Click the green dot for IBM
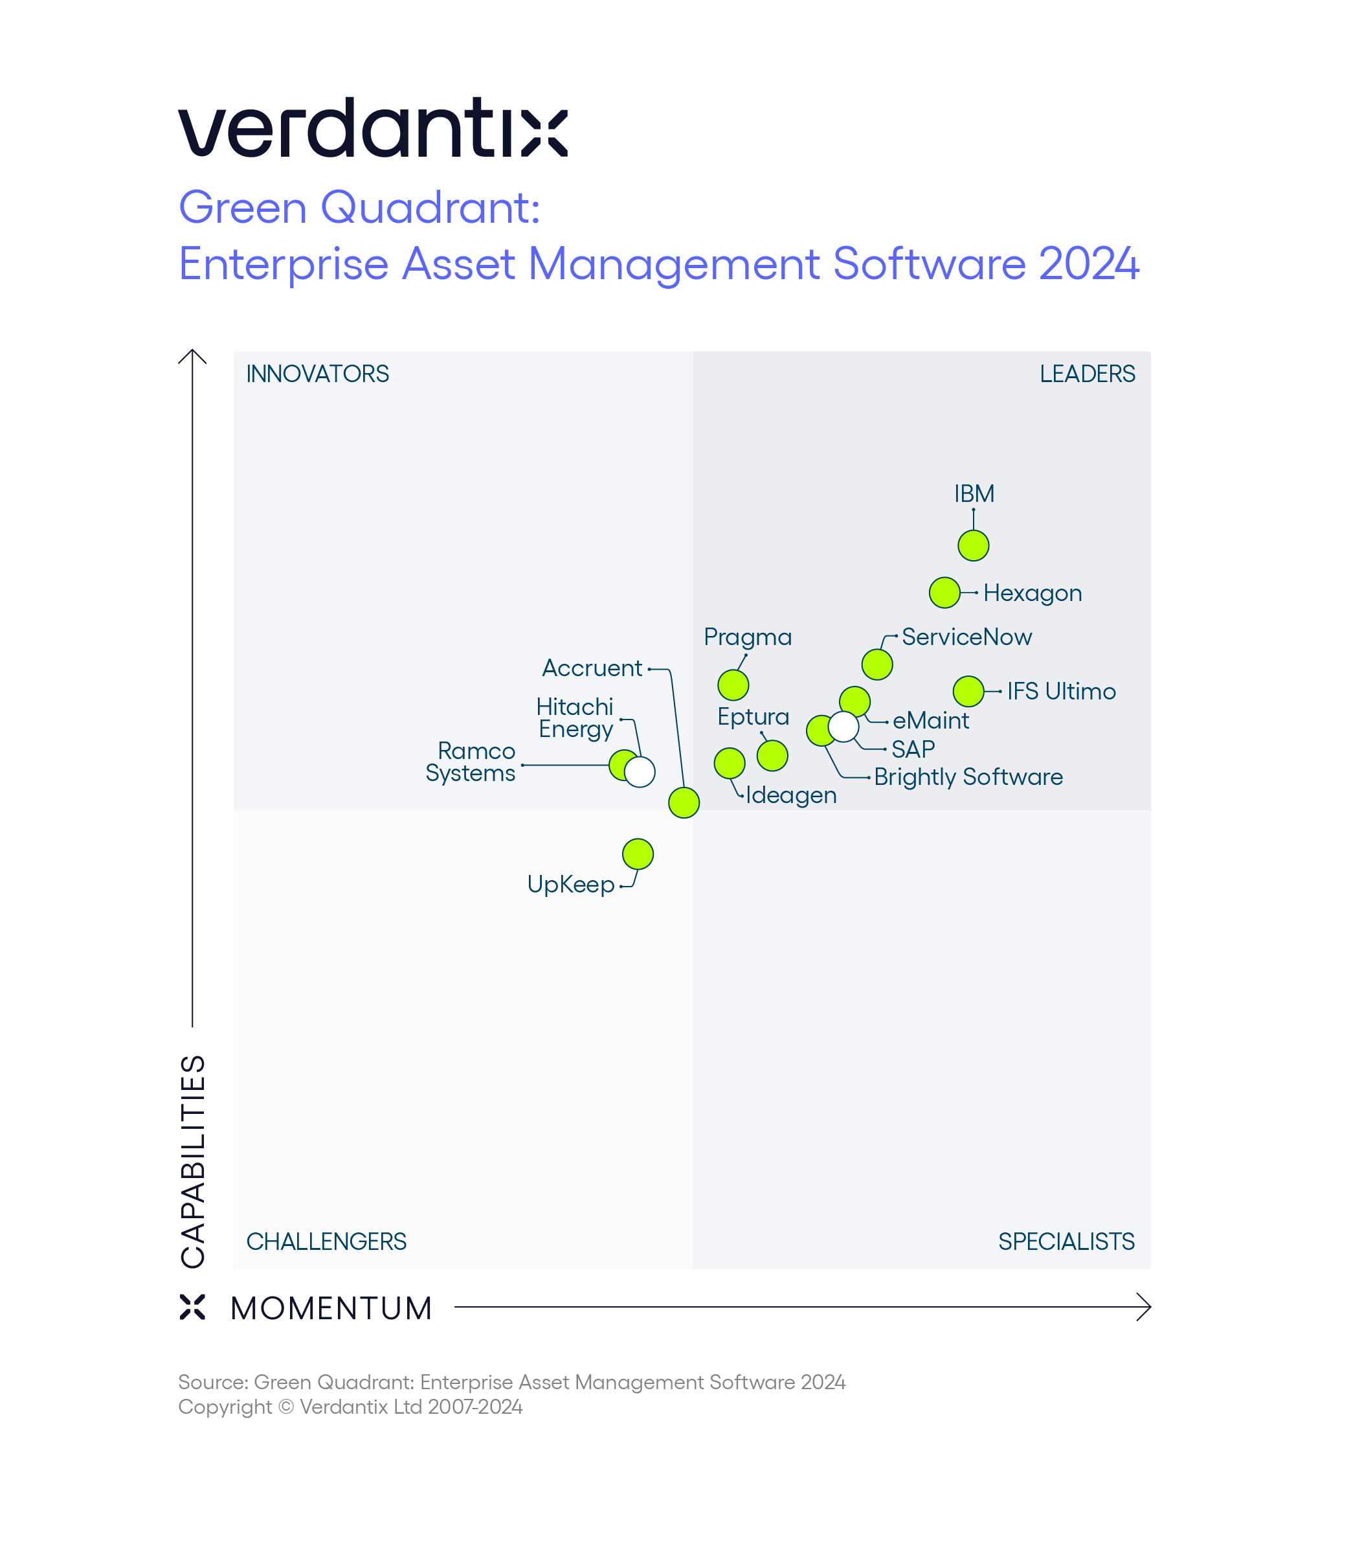(974, 545)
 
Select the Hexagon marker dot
(944, 593)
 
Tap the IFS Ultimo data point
(968, 691)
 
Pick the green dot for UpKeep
(638, 854)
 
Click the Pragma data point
(733, 685)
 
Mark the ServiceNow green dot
(876, 664)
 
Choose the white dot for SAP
(843, 727)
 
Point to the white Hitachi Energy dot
(640, 771)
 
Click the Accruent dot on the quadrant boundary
(684, 802)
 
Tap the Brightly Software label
(968, 777)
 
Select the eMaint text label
(930, 720)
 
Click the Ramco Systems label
(471, 762)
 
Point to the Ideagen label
(791, 795)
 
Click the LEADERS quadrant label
(1086, 374)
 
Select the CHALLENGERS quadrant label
(326, 1241)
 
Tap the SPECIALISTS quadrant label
(1066, 1241)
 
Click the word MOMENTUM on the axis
(331, 1308)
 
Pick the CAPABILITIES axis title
(193, 1161)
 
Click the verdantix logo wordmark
(372, 128)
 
